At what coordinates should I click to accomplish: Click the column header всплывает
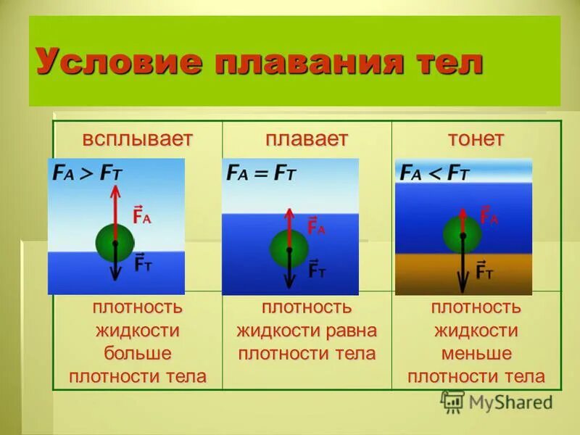pyautogui.click(x=137, y=139)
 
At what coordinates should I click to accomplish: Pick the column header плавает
pyautogui.click(x=307, y=139)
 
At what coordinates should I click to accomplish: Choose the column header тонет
pyautogui.click(x=476, y=139)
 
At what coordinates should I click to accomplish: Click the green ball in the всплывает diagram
pyautogui.click(x=115, y=242)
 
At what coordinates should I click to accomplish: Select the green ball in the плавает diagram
pyautogui.click(x=289, y=249)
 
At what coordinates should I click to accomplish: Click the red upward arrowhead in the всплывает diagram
pyautogui.click(x=115, y=190)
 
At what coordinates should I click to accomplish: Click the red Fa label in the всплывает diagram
pyautogui.click(x=142, y=215)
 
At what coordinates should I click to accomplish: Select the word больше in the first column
pyautogui.click(x=137, y=354)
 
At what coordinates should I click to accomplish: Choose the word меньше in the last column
pyautogui.click(x=476, y=354)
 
